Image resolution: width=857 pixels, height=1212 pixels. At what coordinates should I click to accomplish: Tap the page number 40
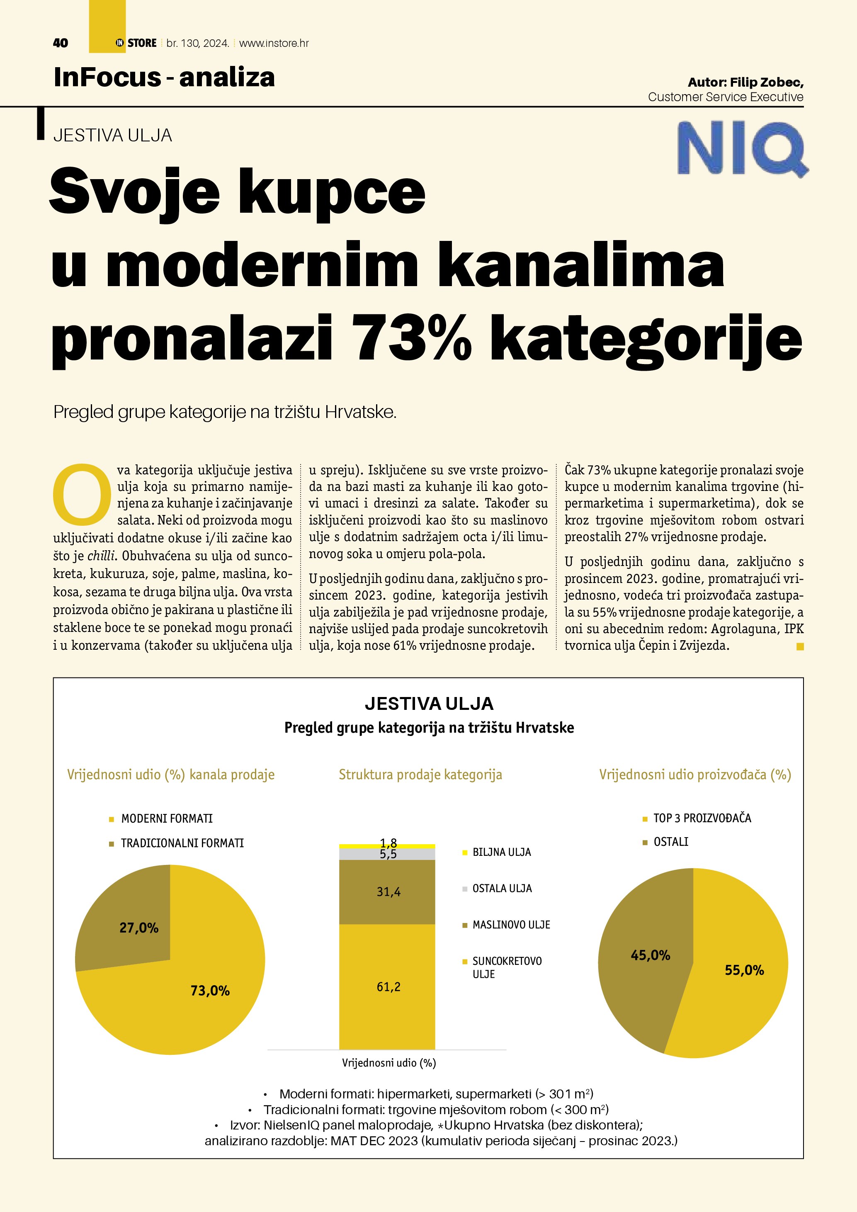point(61,43)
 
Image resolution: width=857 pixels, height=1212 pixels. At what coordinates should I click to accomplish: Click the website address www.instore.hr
point(274,43)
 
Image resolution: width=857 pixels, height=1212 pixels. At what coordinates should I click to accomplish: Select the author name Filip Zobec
point(767,83)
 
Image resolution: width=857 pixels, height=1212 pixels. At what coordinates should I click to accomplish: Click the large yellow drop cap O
point(82,491)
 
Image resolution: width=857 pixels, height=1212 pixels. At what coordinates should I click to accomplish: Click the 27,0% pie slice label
point(139,928)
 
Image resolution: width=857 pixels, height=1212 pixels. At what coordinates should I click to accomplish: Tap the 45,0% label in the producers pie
point(650,955)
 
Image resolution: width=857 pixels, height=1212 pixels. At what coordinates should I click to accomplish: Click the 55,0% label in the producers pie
point(744,970)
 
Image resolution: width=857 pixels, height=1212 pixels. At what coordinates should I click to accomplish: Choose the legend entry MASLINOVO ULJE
point(511,925)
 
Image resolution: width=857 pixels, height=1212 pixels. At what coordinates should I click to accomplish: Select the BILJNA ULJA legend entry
point(501,853)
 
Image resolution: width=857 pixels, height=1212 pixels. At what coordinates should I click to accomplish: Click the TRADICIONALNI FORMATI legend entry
point(182,843)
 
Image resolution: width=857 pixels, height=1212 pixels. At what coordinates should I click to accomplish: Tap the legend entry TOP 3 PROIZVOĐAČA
point(702,818)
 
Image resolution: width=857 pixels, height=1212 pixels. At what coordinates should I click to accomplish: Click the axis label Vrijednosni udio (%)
point(389,1063)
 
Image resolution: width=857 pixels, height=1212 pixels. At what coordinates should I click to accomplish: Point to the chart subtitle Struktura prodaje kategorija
point(420,775)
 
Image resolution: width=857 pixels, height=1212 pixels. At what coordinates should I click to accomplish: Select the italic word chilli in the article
point(101,556)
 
